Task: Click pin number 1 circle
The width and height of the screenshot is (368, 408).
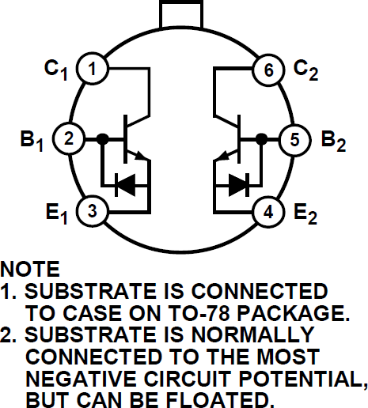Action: (x=93, y=70)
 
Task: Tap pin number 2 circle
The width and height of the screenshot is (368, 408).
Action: (x=68, y=140)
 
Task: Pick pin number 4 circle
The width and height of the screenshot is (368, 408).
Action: (x=268, y=211)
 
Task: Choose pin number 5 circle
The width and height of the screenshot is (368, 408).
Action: (x=294, y=140)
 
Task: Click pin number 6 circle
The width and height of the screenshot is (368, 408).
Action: (x=268, y=70)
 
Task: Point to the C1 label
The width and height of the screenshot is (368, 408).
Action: (x=55, y=70)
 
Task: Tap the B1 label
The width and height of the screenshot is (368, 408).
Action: (x=31, y=142)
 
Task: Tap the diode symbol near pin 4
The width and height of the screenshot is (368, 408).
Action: (x=239, y=184)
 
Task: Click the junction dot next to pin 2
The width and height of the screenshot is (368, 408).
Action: (x=102, y=140)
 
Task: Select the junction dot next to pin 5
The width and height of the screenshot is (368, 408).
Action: (x=260, y=140)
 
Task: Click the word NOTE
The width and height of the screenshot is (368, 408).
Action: (x=30, y=268)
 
